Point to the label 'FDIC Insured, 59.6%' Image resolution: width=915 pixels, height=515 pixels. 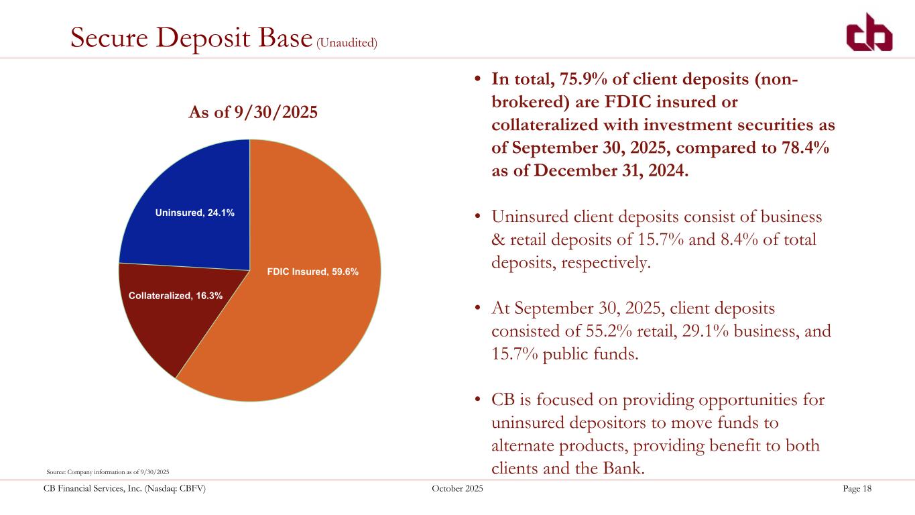(313, 272)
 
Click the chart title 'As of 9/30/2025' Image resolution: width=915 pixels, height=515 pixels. (252, 113)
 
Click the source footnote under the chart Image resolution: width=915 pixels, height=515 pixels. (107, 471)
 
